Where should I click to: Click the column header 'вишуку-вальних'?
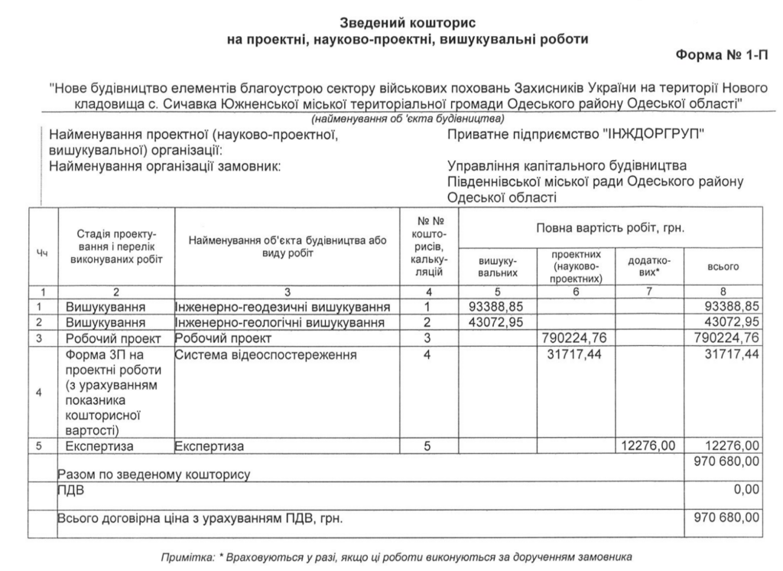point(493,266)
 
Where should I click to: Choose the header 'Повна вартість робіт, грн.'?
point(610,228)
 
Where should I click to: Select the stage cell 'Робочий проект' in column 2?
point(115,338)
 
